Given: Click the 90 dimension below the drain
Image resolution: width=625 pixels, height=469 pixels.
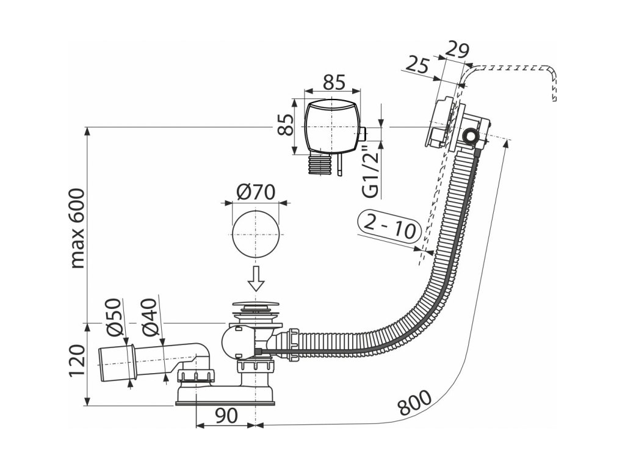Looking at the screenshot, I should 226,416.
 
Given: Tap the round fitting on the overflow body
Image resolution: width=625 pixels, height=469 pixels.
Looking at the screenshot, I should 472,136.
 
